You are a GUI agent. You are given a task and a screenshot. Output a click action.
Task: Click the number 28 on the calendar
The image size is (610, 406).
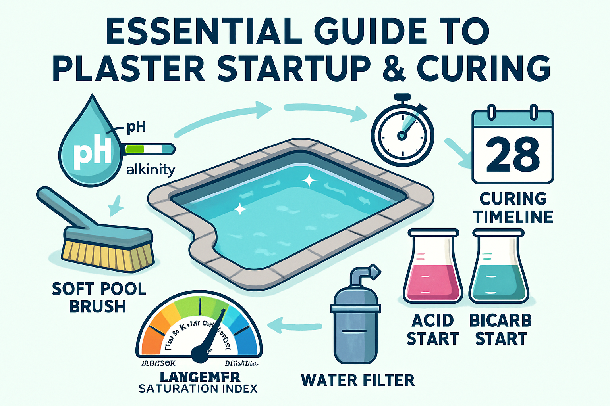512,154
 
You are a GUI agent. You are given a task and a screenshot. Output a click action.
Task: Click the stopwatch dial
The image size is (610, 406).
402,135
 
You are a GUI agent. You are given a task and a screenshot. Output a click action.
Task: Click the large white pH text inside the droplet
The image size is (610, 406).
92,153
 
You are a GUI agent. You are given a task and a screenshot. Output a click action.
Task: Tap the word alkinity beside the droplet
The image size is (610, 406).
151,170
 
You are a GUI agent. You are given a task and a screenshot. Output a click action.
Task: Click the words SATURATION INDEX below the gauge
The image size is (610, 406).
198,389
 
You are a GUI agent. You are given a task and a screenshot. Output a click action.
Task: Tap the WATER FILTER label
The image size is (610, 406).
357,381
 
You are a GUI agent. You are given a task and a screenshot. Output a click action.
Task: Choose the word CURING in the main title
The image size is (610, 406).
483,69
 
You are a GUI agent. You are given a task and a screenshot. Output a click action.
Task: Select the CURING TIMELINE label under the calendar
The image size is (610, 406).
513,208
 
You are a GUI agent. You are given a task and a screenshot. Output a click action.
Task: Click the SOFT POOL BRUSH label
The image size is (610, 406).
99,297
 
